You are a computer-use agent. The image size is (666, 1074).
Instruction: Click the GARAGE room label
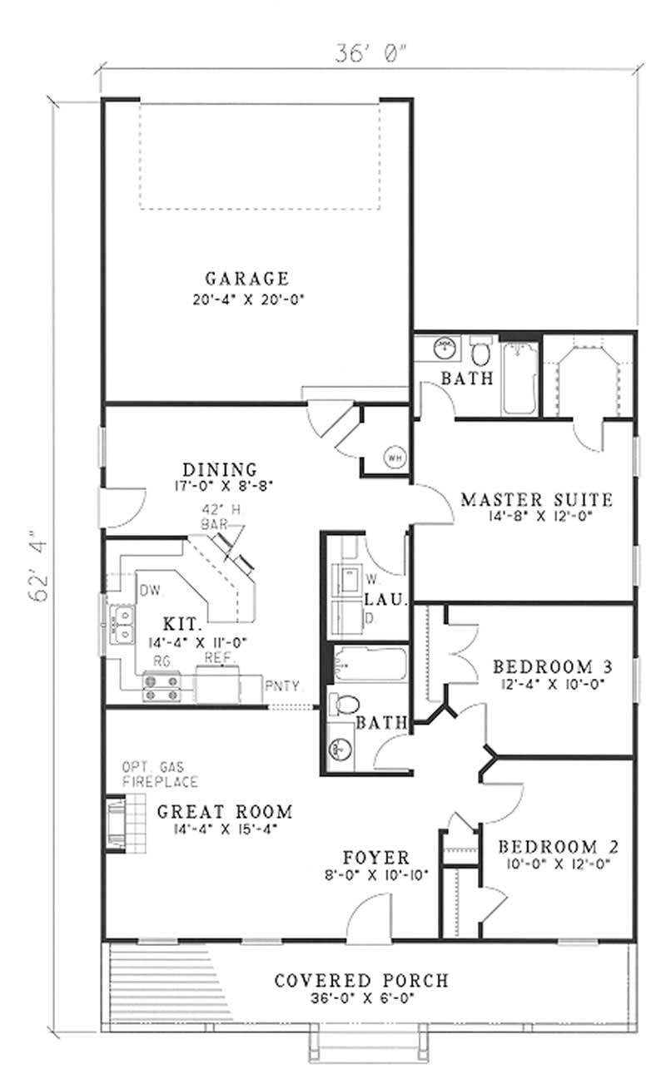point(247,279)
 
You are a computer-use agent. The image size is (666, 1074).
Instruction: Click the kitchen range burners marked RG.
point(162,689)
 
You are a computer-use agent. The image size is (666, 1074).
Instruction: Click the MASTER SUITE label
point(536,500)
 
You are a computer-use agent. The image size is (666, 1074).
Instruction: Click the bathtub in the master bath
point(520,379)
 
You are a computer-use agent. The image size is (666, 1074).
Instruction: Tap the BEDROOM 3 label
point(554,666)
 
